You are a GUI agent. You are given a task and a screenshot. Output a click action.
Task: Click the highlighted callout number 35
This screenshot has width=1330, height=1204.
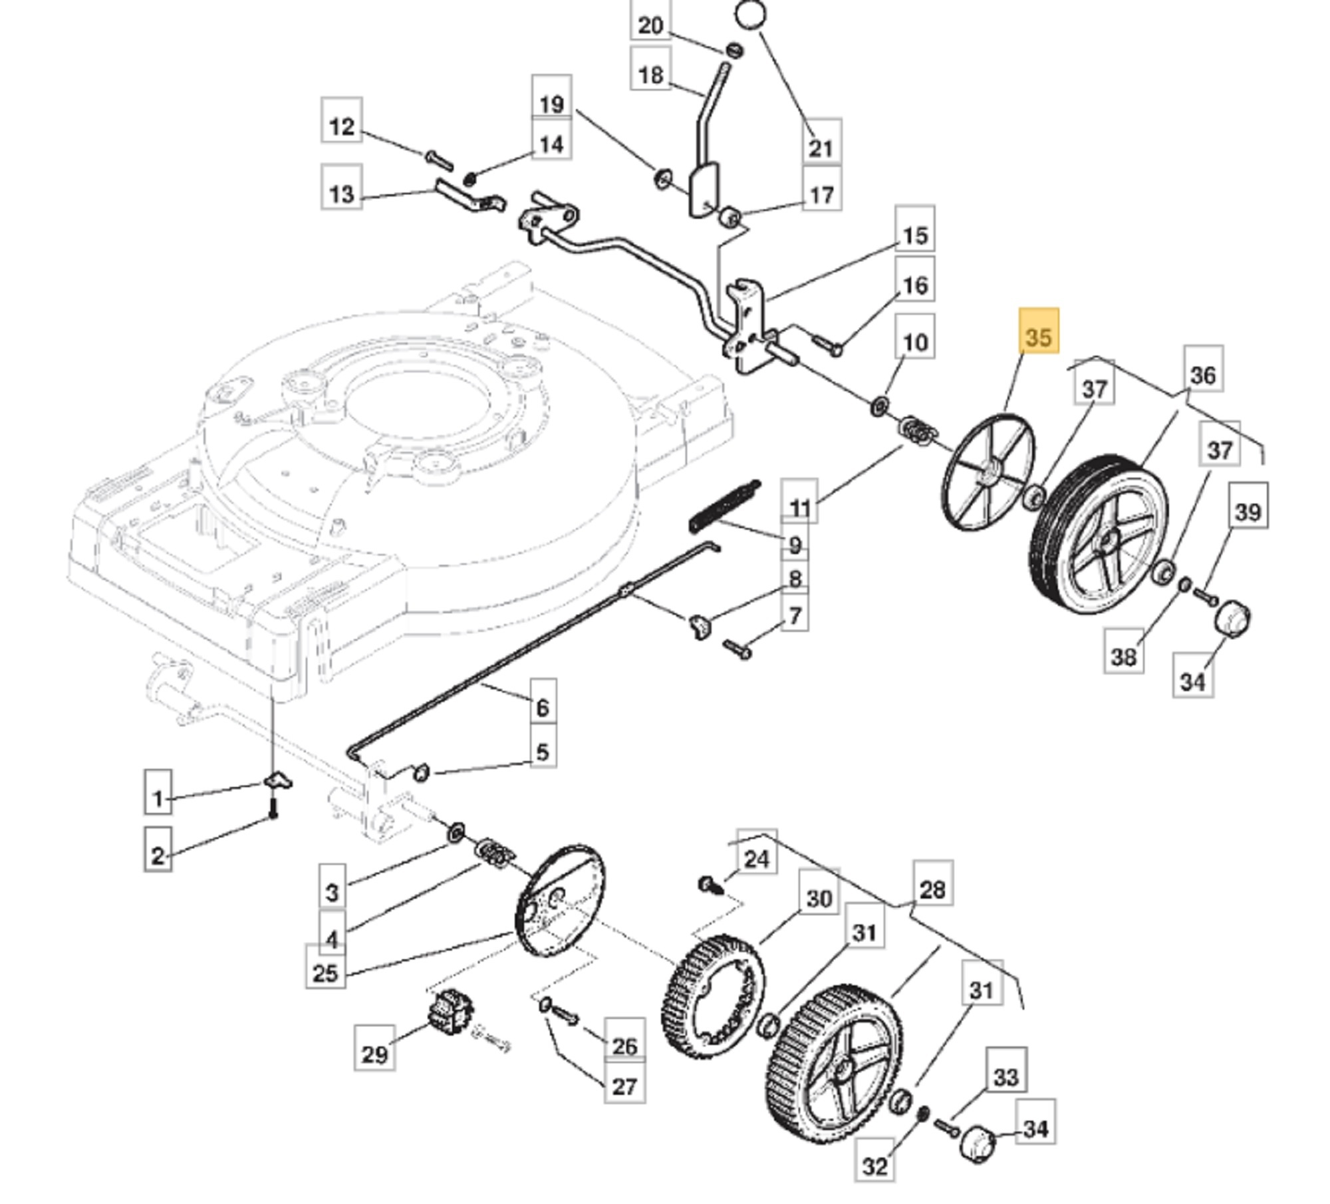1039,336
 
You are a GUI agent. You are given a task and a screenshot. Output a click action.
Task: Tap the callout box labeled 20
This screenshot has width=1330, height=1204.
650,25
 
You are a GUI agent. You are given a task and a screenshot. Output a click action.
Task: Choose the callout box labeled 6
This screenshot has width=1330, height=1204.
543,707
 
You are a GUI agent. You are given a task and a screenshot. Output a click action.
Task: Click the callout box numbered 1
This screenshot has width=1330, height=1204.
158,798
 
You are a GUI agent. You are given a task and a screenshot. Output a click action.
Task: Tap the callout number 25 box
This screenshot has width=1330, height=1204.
325,973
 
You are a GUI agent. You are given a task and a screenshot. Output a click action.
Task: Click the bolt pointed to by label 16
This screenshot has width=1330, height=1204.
827,345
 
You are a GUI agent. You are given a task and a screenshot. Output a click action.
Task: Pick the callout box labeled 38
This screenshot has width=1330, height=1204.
1124,657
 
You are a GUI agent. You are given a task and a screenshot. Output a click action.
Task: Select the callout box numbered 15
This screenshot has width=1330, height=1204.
915,235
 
